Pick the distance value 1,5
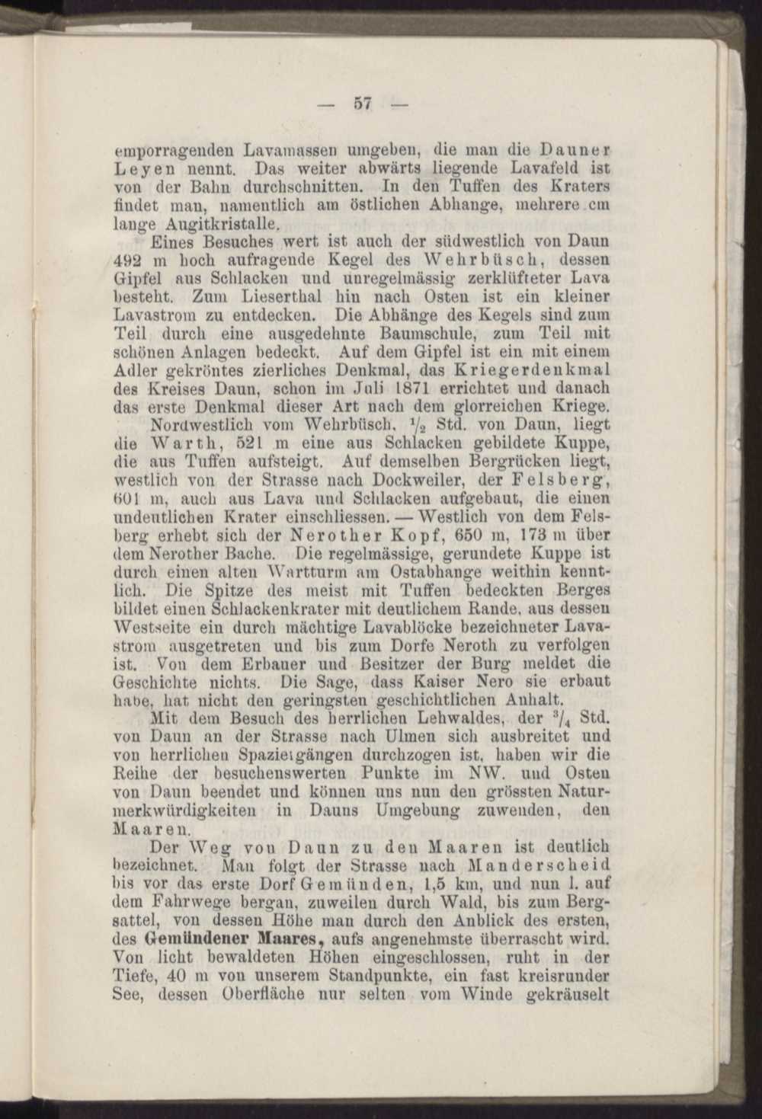coord(438,883)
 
